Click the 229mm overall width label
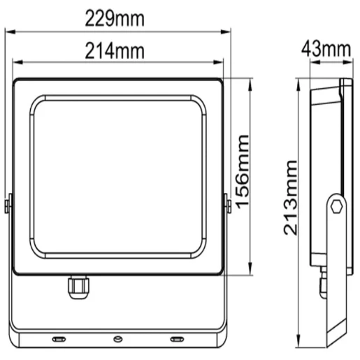[x=115, y=19]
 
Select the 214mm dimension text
[x=115, y=50]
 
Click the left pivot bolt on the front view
[x=8, y=206]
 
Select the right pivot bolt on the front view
[x=227, y=206]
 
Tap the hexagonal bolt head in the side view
[x=337, y=206]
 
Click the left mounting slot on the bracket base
[x=58, y=339]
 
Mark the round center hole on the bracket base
[x=117, y=339]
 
